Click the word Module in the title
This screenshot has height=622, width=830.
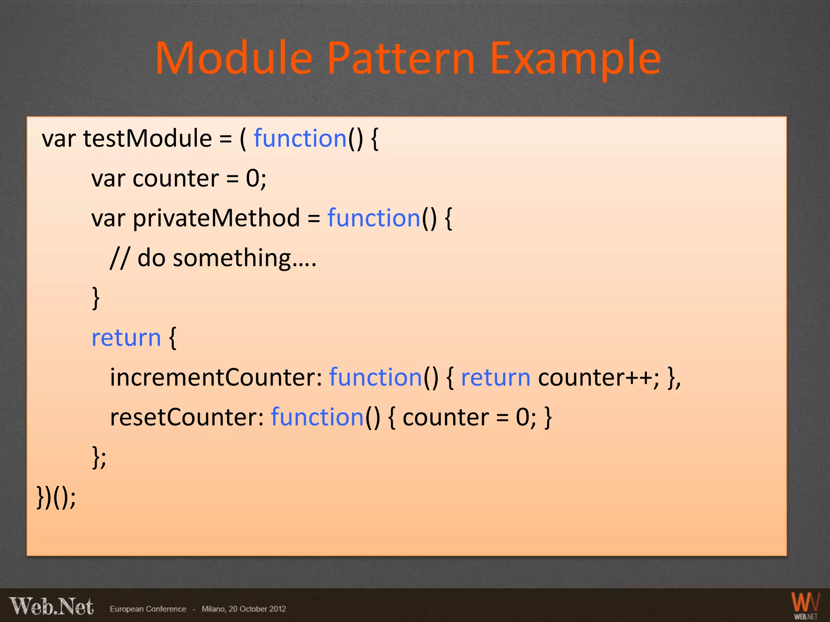coord(234,59)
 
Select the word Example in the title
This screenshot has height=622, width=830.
coord(575,59)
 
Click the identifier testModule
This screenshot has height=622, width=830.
coord(148,138)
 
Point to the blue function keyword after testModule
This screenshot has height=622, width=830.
coord(300,138)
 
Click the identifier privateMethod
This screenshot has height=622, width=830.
coord(216,218)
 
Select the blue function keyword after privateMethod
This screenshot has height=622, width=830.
coord(374,218)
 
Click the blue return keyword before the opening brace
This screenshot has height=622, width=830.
coord(126,338)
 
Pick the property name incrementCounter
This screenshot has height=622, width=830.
coord(216,377)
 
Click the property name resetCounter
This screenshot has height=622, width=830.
coord(187,417)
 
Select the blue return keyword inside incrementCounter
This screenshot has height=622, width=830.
coord(496,377)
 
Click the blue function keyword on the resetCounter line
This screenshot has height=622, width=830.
coord(317,417)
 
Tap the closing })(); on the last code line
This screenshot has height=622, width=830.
coord(56,497)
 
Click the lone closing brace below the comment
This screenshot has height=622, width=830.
coord(96,298)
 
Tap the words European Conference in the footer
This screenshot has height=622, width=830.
coord(148,609)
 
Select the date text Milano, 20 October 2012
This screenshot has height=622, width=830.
coord(244,609)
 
